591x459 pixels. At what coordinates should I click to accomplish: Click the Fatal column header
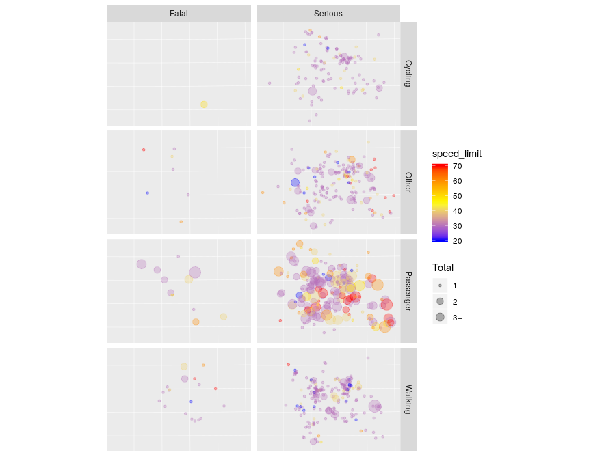tap(179, 13)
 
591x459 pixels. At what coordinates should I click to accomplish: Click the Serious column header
tap(328, 13)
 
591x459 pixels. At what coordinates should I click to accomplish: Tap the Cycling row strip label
tap(408, 74)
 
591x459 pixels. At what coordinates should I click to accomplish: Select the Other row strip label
tap(408, 182)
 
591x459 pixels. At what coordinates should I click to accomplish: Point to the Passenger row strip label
tap(408, 291)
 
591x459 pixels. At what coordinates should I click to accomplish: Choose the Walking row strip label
tap(408, 400)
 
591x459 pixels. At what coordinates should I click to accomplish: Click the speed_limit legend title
tap(456, 154)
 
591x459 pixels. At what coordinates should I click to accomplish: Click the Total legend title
tap(443, 268)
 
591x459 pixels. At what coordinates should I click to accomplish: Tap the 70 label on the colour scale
tap(457, 166)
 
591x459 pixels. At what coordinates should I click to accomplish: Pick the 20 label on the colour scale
tap(457, 240)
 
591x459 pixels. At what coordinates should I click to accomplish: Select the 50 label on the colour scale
tap(457, 196)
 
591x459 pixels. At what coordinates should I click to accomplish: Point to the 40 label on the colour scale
tap(457, 211)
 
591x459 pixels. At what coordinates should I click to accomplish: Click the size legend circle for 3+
tap(440, 317)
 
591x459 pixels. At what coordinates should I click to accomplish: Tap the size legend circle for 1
tap(440, 286)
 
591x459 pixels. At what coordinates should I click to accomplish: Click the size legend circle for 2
tap(440, 301)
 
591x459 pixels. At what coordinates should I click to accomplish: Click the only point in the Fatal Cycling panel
tap(204, 105)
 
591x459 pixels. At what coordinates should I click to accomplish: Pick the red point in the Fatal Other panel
tap(144, 150)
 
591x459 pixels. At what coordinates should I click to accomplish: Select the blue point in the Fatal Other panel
tap(147, 193)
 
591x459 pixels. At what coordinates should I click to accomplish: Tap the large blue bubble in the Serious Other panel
tap(295, 182)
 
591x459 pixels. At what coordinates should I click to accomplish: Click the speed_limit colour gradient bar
tap(440, 203)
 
